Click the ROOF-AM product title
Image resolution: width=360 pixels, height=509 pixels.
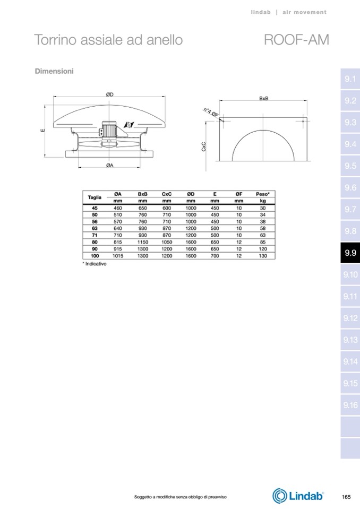296,40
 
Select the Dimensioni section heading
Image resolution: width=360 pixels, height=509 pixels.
54,71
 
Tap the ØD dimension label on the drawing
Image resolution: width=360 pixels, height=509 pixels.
110,94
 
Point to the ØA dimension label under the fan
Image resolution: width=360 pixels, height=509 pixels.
110,166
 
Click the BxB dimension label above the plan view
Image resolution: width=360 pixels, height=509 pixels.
263,98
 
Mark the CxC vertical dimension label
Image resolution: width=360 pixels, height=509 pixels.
204,146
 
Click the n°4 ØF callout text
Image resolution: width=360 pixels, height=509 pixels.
211,112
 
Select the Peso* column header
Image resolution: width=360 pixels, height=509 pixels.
263,194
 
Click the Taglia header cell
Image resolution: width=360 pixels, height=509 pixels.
95,197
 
